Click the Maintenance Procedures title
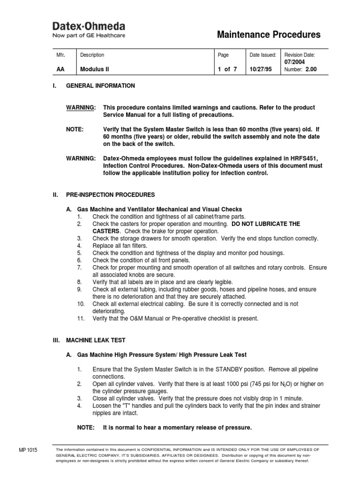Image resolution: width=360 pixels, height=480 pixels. (269, 35)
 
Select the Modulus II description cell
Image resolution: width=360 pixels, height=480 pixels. (94, 69)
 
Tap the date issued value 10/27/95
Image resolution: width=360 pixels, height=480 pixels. (260, 69)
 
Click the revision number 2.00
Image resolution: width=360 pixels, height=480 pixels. (311, 69)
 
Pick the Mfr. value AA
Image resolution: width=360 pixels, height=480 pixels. (60, 69)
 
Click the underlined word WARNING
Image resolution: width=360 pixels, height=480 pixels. (81, 107)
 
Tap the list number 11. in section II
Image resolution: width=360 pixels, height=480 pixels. (81, 318)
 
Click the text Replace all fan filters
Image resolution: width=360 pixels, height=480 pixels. (120, 246)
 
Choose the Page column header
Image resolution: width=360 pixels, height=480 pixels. (224, 55)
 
